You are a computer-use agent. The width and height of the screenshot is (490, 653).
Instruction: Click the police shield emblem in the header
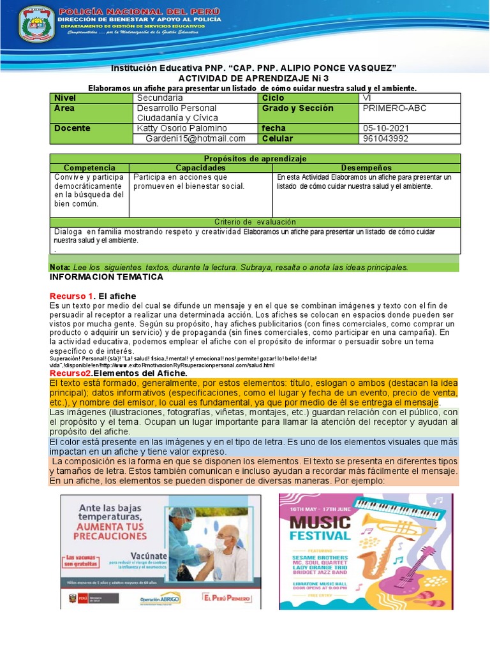point(38,24)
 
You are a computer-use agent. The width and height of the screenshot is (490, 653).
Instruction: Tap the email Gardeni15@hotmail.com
point(195,138)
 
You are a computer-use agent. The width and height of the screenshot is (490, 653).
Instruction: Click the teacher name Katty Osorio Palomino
point(182,128)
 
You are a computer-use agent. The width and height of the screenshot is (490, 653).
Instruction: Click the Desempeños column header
point(366,167)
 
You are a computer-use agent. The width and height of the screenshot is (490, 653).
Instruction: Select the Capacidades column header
point(200,167)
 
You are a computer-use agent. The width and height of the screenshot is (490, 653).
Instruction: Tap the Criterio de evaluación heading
point(255,222)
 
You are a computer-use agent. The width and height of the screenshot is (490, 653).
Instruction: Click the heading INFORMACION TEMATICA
point(107,277)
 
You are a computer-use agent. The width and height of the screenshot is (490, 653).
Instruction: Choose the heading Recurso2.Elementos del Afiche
point(118,373)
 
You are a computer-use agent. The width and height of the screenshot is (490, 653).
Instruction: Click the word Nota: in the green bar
point(60,267)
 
